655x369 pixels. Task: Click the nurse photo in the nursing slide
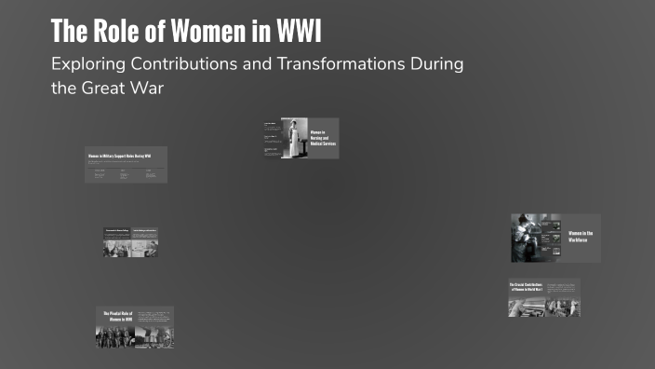point(295,138)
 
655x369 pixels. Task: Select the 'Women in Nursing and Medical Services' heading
point(322,138)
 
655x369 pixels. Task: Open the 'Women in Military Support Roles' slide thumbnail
point(126,164)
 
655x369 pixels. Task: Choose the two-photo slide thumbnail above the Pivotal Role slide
point(130,241)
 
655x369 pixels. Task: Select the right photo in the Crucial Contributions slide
point(562,304)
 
